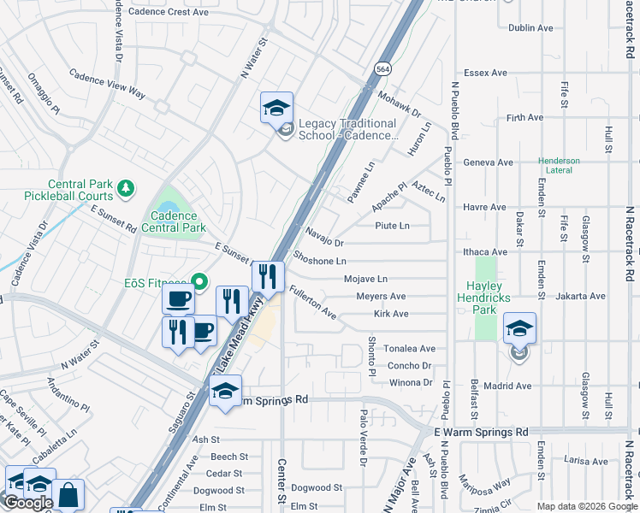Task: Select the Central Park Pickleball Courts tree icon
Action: (126, 187)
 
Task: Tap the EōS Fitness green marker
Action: (199, 281)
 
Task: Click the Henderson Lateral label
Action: (559, 166)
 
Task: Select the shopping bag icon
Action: (68, 496)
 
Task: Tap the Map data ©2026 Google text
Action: (587, 506)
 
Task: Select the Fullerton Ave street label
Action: (311, 303)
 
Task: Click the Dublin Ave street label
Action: (532, 27)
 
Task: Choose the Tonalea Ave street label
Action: (409, 349)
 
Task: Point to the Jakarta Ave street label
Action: (580, 296)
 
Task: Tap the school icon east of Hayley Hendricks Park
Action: (519, 328)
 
